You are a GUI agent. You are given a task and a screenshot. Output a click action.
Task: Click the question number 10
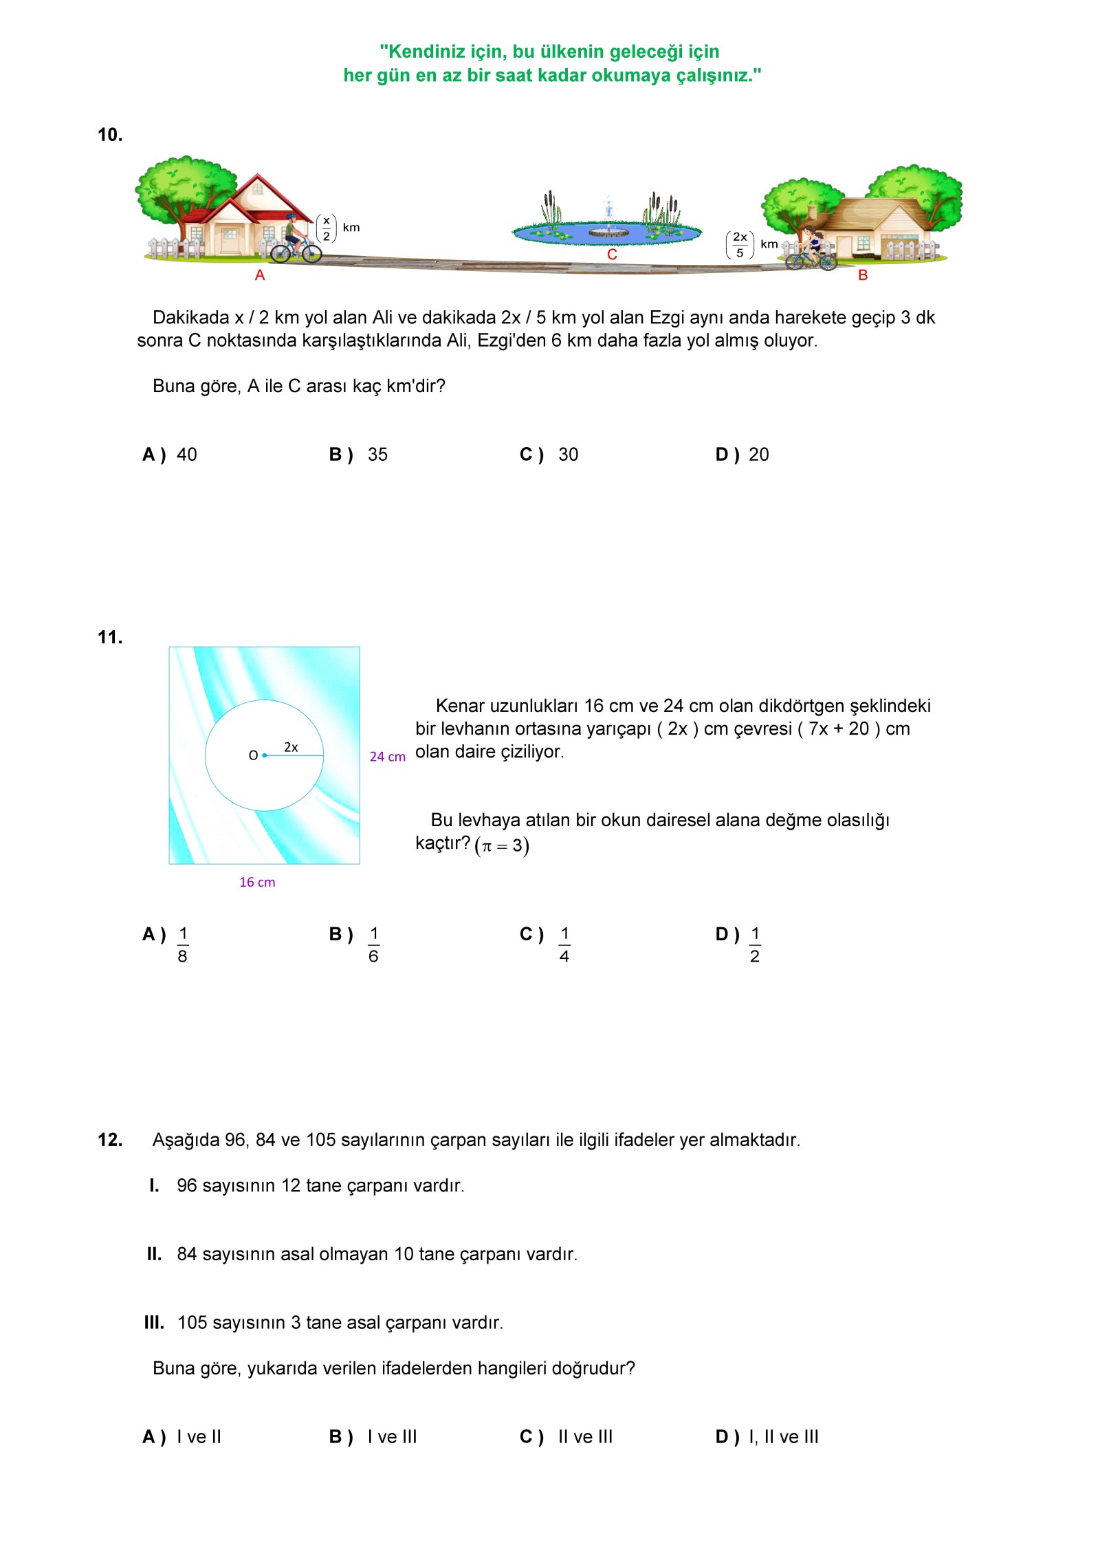pyautogui.click(x=110, y=135)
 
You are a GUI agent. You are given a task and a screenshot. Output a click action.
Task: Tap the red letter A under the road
pyautogui.click(x=260, y=275)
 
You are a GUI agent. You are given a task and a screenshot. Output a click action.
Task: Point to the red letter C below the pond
pyautogui.click(x=612, y=255)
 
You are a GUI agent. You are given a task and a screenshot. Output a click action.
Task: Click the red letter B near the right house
pyautogui.click(x=863, y=275)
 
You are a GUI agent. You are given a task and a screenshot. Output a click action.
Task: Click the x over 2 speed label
pyautogui.click(x=327, y=228)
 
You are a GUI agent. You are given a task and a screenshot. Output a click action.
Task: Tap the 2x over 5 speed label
pyautogui.click(x=740, y=245)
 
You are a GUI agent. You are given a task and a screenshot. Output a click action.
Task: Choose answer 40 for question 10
pyautogui.click(x=186, y=455)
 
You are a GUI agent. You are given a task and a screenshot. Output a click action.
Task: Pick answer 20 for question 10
pyautogui.click(x=758, y=455)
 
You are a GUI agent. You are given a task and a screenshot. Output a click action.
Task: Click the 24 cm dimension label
pyautogui.click(x=387, y=757)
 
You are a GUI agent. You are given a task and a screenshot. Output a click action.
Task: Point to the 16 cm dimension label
pyautogui.click(x=257, y=883)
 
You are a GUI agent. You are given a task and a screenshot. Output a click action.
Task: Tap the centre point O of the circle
pyautogui.click(x=264, y=755)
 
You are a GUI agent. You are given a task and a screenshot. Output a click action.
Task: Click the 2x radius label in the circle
pyautogui.click(x=291, y=747)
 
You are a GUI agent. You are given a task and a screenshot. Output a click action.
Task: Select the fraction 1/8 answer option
pyautogui.click(x=183, y=944)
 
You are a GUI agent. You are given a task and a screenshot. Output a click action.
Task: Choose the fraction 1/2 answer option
pyautogui.click(x=755, y=944)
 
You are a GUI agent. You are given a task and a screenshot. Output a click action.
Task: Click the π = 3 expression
pyautogui.click(x=502, y=845)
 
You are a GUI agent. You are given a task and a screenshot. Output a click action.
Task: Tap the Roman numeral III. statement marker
pyautogui.click(x=154, y=1323)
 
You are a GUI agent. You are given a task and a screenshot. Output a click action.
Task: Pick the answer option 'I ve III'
pyautogui.click(x=392, y=1437)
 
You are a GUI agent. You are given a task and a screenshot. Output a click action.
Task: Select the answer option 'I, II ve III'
pyautogui.click(x=784, y=1437)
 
